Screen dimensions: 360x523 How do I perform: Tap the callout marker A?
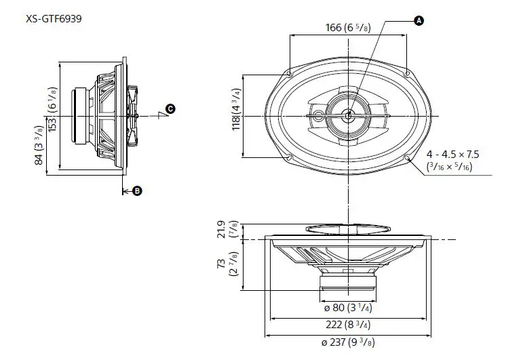pyautogui.click(x=418, y=22)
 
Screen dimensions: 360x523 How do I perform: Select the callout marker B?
pyautogui.click(x=137, y=191)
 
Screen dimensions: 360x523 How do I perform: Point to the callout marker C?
pyautogui.click(x=170, y=108)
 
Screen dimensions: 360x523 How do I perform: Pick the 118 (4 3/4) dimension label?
pyautogui.click(x=237, y=115)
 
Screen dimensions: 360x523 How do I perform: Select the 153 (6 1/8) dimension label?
pyautogui.click(x=52, y=113)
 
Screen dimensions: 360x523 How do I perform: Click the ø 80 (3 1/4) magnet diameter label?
pyautogui.click(x=347, y=307)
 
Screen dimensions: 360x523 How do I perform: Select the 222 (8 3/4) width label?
pyautogui.click(x=347, y=325)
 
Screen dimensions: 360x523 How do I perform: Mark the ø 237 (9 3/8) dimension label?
pyautogui.click(x=347, y=342)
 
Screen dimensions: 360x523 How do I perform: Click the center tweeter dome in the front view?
pyautogui.click(x=347, y=115)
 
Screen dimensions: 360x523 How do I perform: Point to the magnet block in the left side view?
pyautogui.click(x=81, y=115)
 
